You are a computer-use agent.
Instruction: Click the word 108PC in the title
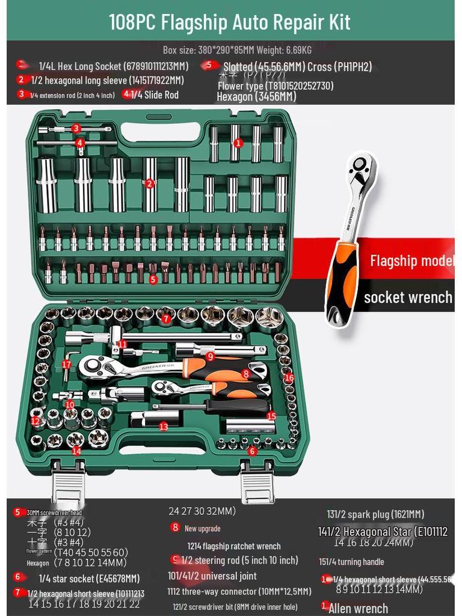click(x=133, y=22)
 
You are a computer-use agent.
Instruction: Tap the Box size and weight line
click(x=237, y=49)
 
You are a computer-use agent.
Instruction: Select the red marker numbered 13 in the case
click(x=164, y=426)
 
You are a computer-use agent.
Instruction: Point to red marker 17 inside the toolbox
click(x=66, y=364)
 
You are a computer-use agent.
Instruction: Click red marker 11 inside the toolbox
click(x=122, y=344)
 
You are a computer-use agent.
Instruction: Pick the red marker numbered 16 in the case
click(x=289, y=378)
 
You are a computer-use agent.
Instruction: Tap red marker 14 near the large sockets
click(x=76, y=451)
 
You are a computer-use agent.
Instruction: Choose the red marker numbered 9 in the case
click(x=210, y=356)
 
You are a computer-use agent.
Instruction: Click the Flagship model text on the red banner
click(x=411, y=260)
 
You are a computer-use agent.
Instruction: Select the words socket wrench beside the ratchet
click(x=408, y=297)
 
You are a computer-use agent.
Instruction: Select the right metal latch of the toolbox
click(x=257, y=484)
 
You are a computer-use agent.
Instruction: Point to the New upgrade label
click(x=202, y=529)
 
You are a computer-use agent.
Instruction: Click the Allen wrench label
click(x=358, y=608)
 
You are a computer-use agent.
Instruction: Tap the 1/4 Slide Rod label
click(x=155, y=94)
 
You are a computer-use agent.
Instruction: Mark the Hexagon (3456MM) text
click(x=256, y=96)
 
